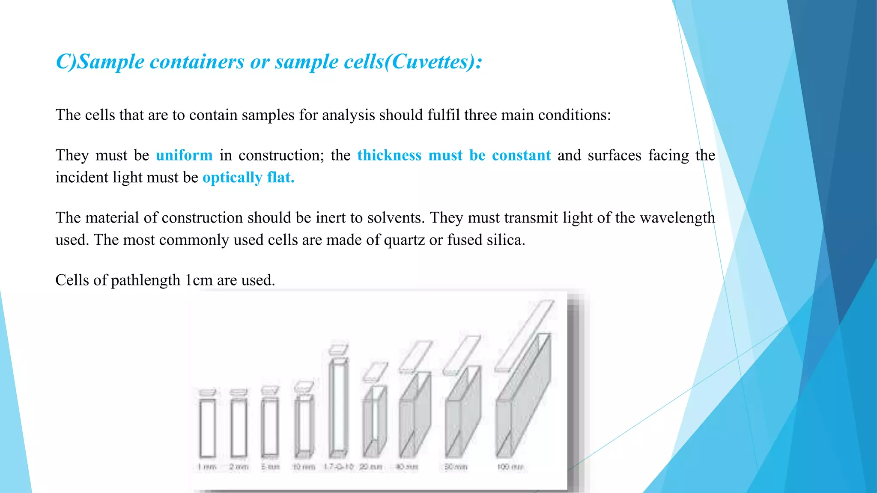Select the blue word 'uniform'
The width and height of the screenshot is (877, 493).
184,155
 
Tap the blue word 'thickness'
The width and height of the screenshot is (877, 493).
389,155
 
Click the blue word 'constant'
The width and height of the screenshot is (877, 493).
521,155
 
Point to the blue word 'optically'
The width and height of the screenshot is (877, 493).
232,178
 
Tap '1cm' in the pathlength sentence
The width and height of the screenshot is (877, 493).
199,280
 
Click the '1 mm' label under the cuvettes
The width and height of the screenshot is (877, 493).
207,467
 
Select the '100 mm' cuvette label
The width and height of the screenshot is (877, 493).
510,467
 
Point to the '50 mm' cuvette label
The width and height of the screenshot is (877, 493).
455,467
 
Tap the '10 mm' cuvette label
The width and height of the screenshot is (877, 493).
304,467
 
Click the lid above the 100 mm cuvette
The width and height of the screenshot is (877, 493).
525,336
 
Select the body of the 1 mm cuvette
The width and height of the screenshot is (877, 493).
208,428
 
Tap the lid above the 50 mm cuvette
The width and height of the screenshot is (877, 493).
462,355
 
